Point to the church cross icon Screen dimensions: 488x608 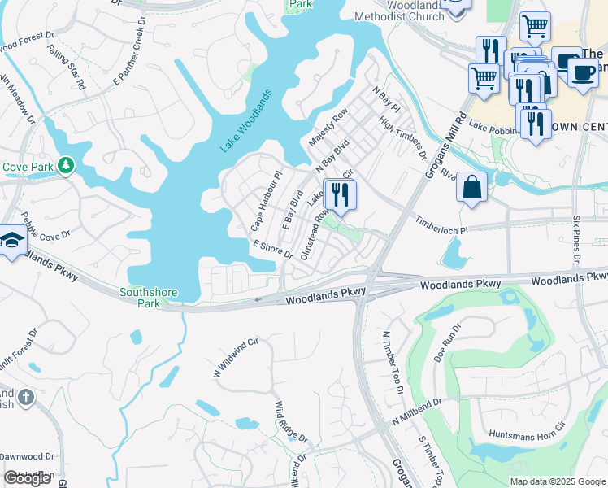tap(26, 397)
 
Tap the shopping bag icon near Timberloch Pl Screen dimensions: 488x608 tap(471, 187)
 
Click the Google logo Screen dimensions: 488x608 tap(28, 478)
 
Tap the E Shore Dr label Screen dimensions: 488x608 tap(272, 249)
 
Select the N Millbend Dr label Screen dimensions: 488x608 tap(415, 412)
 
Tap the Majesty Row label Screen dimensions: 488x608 tap(328, 126)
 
